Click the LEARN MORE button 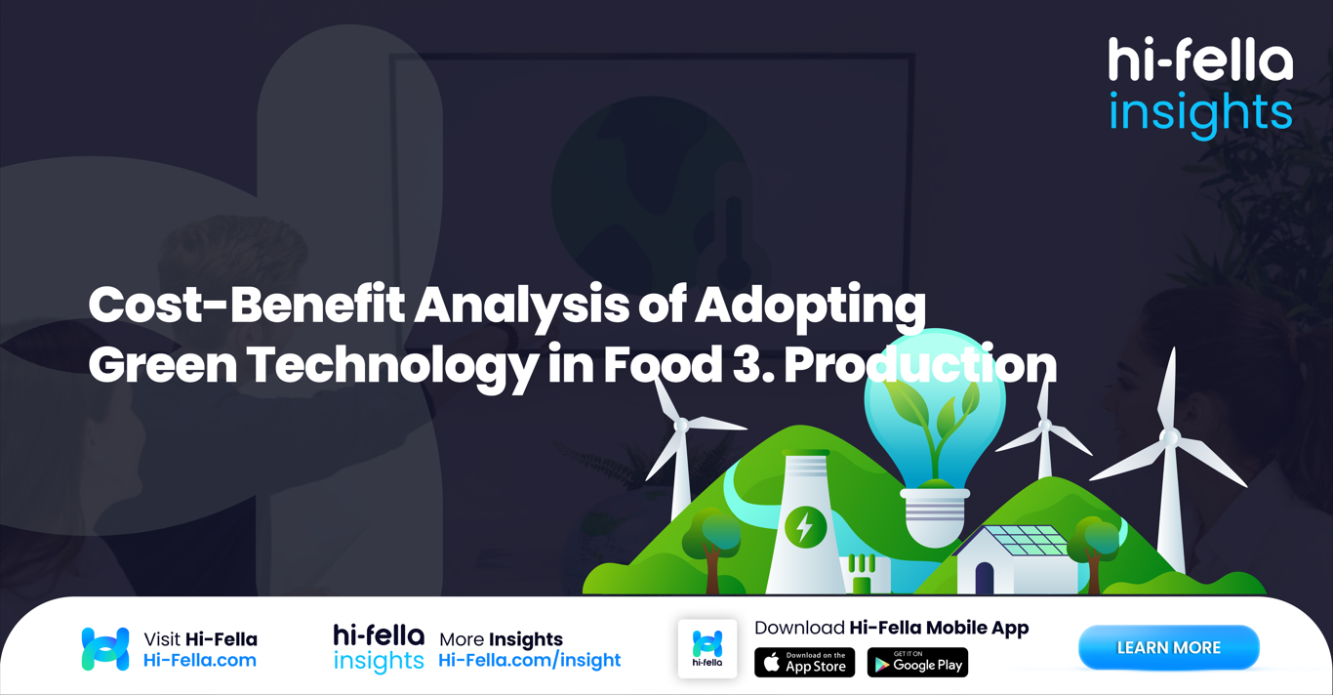point(1168,648)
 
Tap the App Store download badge point(804,663)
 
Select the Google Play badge point(917,663)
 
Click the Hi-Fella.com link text point(200,661)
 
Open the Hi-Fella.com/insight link point(529,661)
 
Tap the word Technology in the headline point(391,365)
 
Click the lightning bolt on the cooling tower point(805,527)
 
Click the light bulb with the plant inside point(935,439)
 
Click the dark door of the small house point(985,579)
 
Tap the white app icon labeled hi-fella point(707,648)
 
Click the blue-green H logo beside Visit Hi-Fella point(105,649)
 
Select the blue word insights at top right point(1200,111)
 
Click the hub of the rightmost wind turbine point(1169,438)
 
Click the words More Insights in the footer point(501,639)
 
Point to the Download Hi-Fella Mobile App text point(891,628)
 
